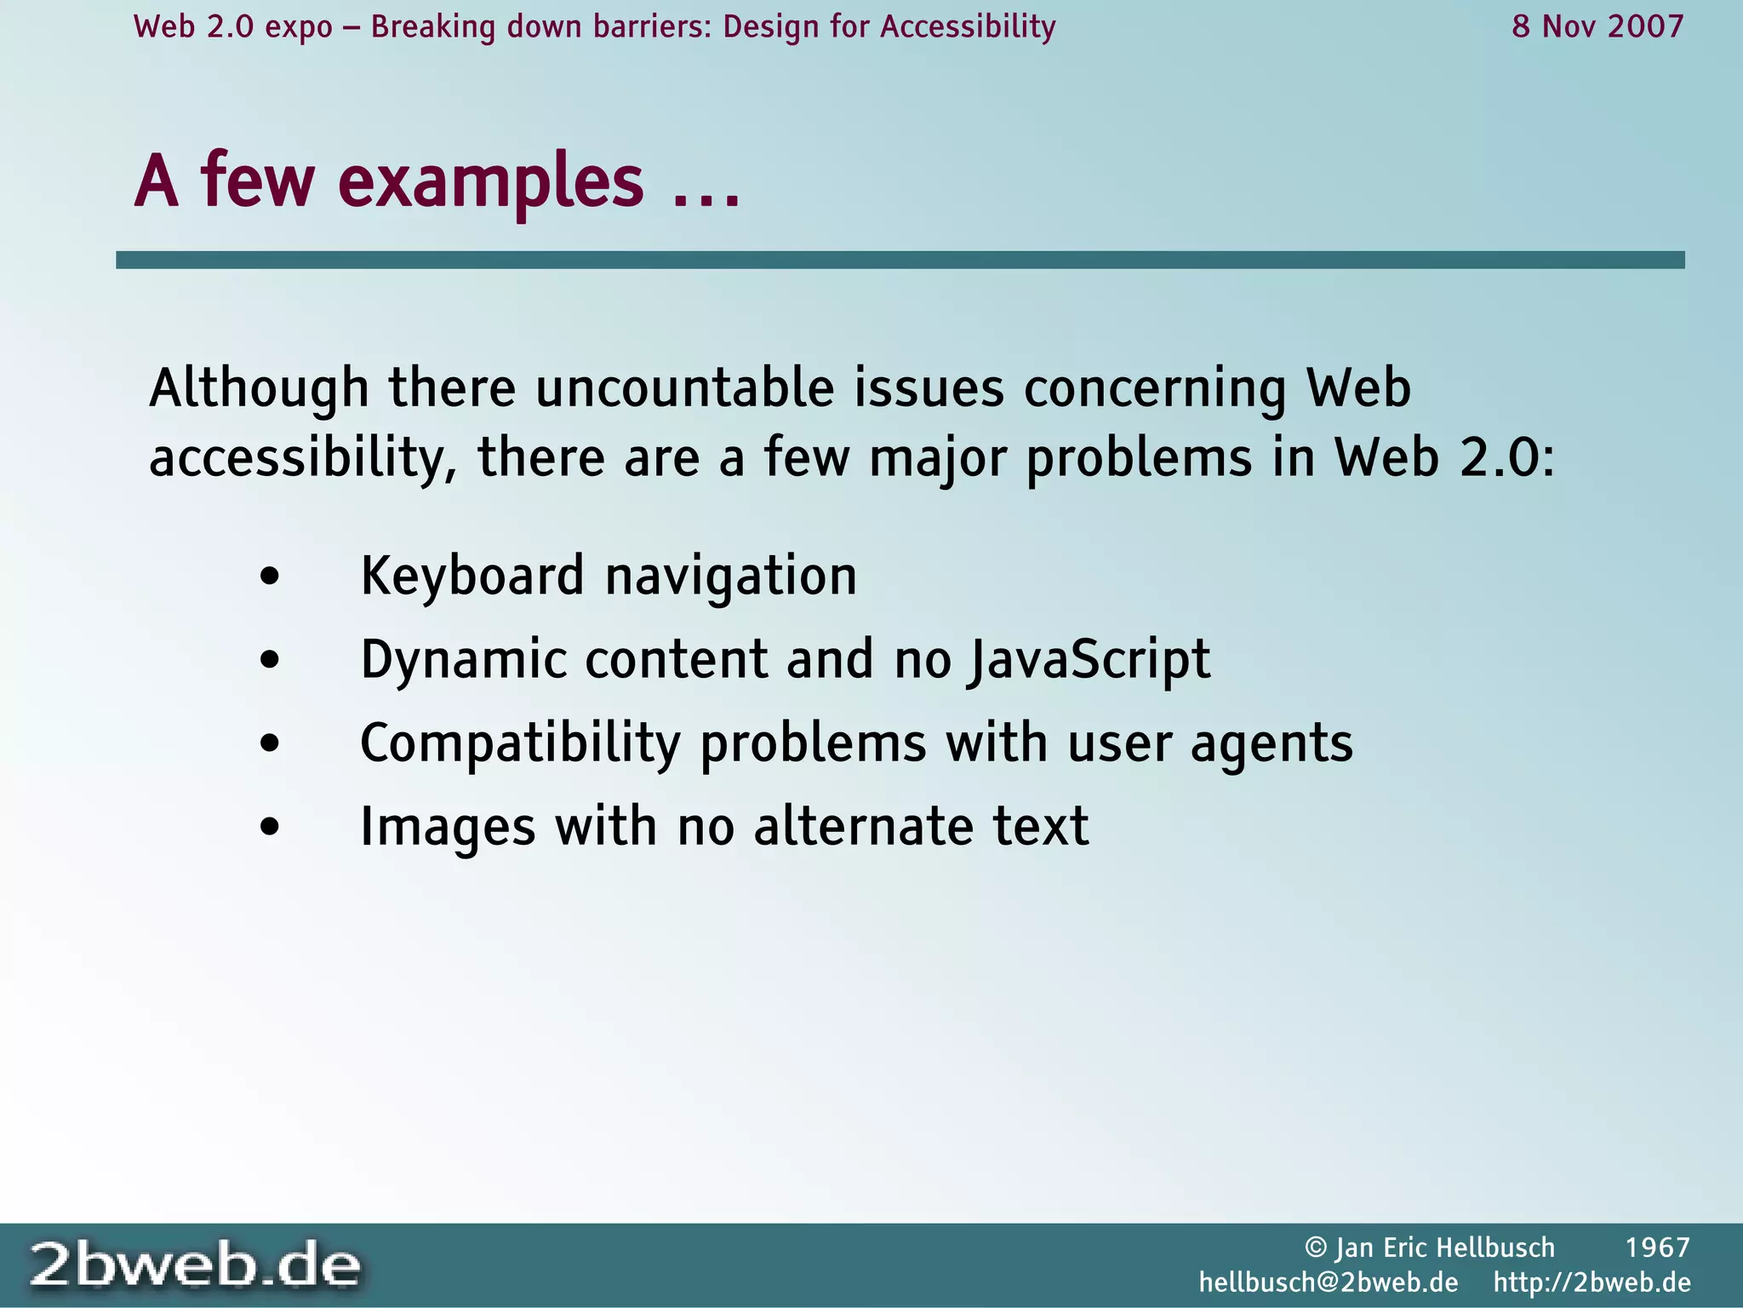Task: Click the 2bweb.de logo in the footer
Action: (x=195, y=1265)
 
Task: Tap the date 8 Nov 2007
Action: (x=1597, y=27)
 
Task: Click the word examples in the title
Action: (x=491, y=181)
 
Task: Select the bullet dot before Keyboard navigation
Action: (x=270, y=577)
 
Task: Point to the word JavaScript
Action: (x=1089, y=661)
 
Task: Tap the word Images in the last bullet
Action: (x=448, y=827)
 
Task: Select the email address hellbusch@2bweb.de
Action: (x=1329, y=1282)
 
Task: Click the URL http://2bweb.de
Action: (x=1592, y=1282)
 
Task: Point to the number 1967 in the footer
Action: (x=1657, y=1248)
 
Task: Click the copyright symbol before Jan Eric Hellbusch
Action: (x=1316, y=1248)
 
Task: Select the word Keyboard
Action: (x=472, y=577)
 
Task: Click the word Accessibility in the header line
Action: (x=968, y=27)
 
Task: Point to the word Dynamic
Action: (x=463, y=661)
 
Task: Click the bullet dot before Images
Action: (x=270, y=827)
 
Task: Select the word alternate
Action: (x=863, y=827)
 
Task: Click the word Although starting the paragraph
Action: (x=259, y=388)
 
